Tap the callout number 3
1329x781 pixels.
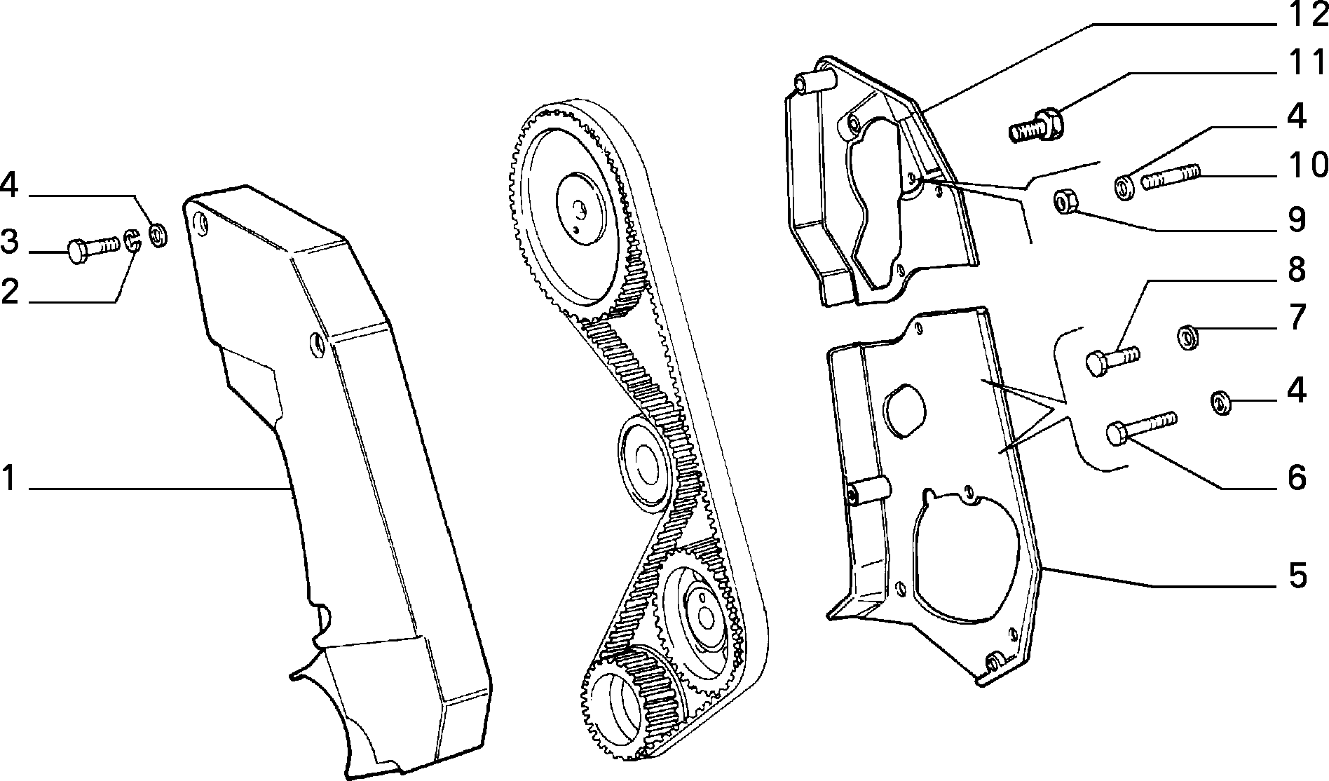pos(9,242)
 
